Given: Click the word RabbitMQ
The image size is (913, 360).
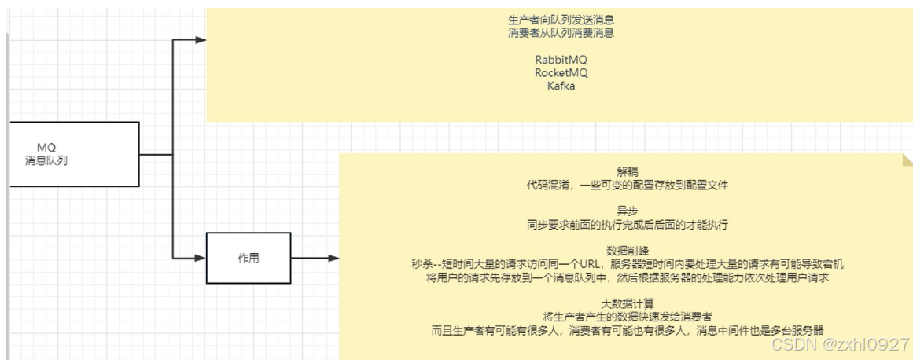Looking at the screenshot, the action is coord(561,60).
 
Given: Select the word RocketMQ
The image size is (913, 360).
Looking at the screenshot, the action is coord(561,73).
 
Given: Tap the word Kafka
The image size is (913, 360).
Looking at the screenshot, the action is coord(561,86).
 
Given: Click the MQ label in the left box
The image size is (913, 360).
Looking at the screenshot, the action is coord(46,147).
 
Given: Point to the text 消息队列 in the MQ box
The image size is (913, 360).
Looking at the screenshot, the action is coord(46,160).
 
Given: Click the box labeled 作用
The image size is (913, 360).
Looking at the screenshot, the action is coord(248,258).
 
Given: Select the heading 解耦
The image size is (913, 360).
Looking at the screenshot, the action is coord(628,171).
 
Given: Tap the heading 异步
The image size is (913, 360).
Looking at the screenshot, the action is coord(628,211).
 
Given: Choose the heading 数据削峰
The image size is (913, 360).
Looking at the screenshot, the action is coord(628,250).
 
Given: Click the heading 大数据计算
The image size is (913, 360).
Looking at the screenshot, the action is coord(628,303).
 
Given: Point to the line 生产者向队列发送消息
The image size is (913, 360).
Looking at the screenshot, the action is coord(561,20).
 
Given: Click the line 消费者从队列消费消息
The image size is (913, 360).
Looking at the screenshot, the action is coord(561,33).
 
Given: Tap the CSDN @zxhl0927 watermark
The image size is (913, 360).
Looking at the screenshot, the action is coord(841,344).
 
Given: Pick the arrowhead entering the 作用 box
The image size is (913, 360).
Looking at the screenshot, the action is coord(200,258).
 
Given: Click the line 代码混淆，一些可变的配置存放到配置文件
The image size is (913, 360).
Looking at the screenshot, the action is coord(628,185).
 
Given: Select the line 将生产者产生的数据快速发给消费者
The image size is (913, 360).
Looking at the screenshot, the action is coord(628,316).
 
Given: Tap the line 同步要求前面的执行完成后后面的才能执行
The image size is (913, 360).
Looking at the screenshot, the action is coord(628,224).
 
